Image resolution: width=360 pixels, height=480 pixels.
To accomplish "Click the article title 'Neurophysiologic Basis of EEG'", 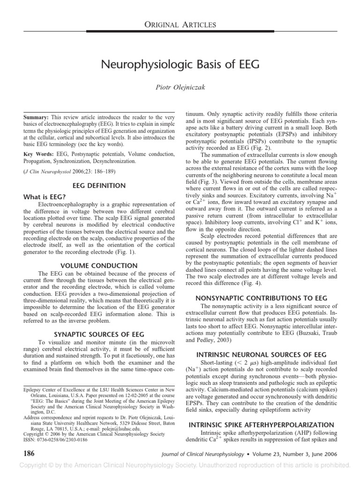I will pyautogui.click(x=180, y=64).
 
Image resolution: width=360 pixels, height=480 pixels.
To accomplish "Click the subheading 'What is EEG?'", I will pyautogui.click(x=46, y=197).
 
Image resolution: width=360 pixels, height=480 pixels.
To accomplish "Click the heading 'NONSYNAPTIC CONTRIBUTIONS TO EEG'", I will pyautogui.click(x=261, y=298).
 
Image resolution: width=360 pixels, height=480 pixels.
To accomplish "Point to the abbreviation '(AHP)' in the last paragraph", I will pyautogui.click(x=293, y=434).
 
